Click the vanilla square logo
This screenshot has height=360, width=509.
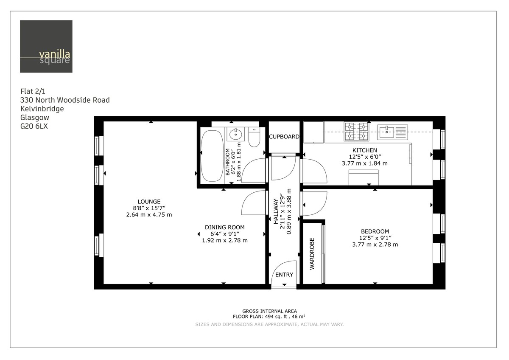pos(46,46)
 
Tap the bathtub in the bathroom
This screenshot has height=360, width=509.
pos(211,155)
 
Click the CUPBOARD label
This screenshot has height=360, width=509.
pos(284,137)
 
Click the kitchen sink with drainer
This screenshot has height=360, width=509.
pos(393,132)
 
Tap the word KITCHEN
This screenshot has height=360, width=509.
pos(364,150)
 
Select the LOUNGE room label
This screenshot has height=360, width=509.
pos(149,201)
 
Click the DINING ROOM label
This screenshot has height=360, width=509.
pos(225,227)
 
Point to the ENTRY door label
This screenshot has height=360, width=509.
pos(284,275)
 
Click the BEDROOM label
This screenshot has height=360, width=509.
pos(375,231)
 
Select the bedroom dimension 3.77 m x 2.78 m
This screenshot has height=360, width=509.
pos(375,244)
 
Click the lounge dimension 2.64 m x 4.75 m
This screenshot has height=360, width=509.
pos(149,214)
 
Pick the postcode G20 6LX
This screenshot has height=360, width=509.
pos(34,126)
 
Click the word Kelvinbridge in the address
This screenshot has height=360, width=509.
pos(42,109)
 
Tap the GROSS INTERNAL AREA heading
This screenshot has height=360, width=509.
pos(269,311)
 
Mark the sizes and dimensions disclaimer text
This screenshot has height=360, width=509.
pos(269,324)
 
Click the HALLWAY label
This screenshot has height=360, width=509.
pos(276,211)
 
